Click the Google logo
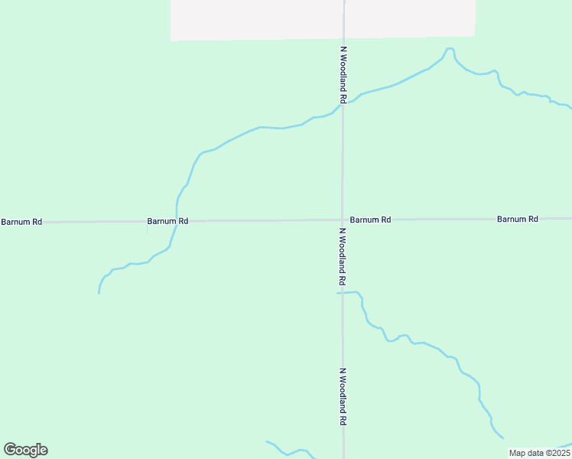click(x=25, y=450)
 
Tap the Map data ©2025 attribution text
click(x=538, y=453)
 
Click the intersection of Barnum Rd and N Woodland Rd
click(x=343, y=220)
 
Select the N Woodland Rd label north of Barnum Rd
click(x=344, y=75)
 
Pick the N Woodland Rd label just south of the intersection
click(x=343, y=256)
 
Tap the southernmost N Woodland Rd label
click(x=343, y=397)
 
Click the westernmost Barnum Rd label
click(x=21, y=222)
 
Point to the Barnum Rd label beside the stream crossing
click(x=167, y=221)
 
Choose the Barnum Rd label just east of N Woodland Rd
click(x=371, y=220)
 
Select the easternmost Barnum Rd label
click(x=518, y=219)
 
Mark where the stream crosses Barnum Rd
click(x=177, y=221)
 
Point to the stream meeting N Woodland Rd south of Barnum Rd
click(x=343, y=293)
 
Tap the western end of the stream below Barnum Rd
click(x=99, y=292)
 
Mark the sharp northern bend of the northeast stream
click(x=450, y=50)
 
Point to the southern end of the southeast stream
click(x=502, y=438)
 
